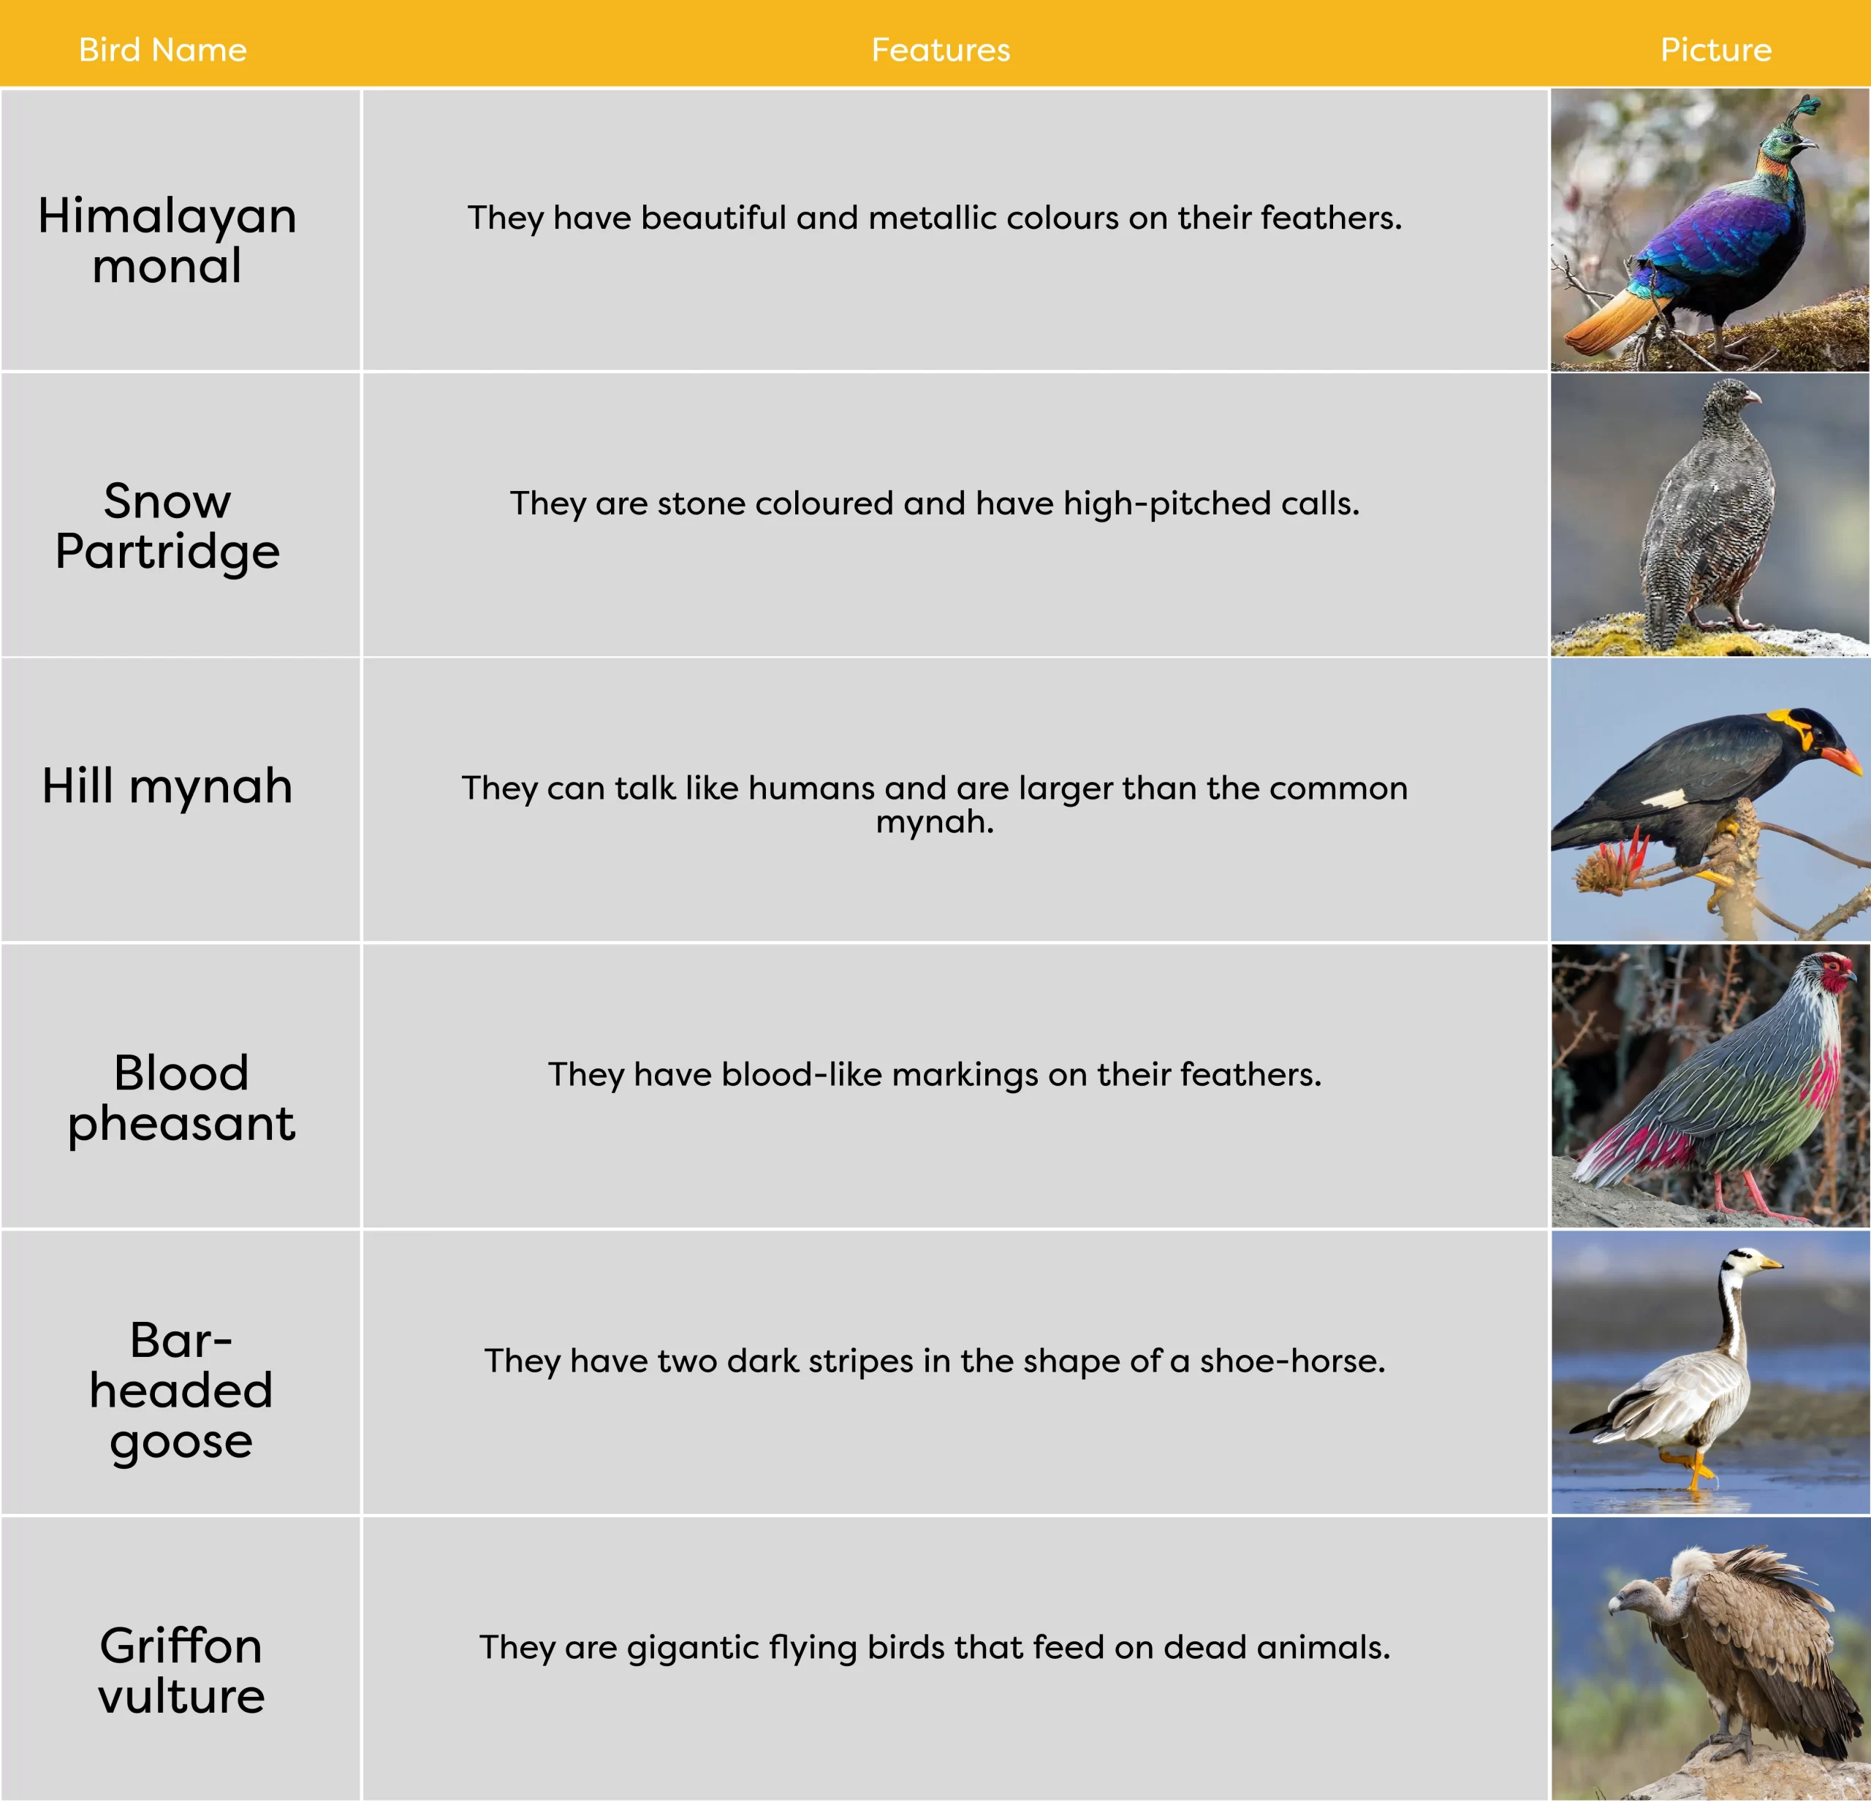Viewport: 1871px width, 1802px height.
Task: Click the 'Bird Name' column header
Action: pos(162,50)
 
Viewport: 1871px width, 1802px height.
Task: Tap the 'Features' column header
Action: pos(941,50)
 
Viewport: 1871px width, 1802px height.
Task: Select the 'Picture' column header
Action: pos(1715,50)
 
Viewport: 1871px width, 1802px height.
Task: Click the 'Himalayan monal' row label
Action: pos(167,240)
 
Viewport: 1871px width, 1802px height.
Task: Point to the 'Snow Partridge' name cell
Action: pos(167,526)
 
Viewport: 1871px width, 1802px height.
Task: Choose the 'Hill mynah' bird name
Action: pos(167,786)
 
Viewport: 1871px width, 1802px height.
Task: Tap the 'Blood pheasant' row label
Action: pos(181,1098)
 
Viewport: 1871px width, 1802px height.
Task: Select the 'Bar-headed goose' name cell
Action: pos(181,1390)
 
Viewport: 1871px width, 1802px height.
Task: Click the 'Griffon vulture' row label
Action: pos(181,1670)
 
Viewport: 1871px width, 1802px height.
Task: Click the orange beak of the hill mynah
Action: pos(1837,760)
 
